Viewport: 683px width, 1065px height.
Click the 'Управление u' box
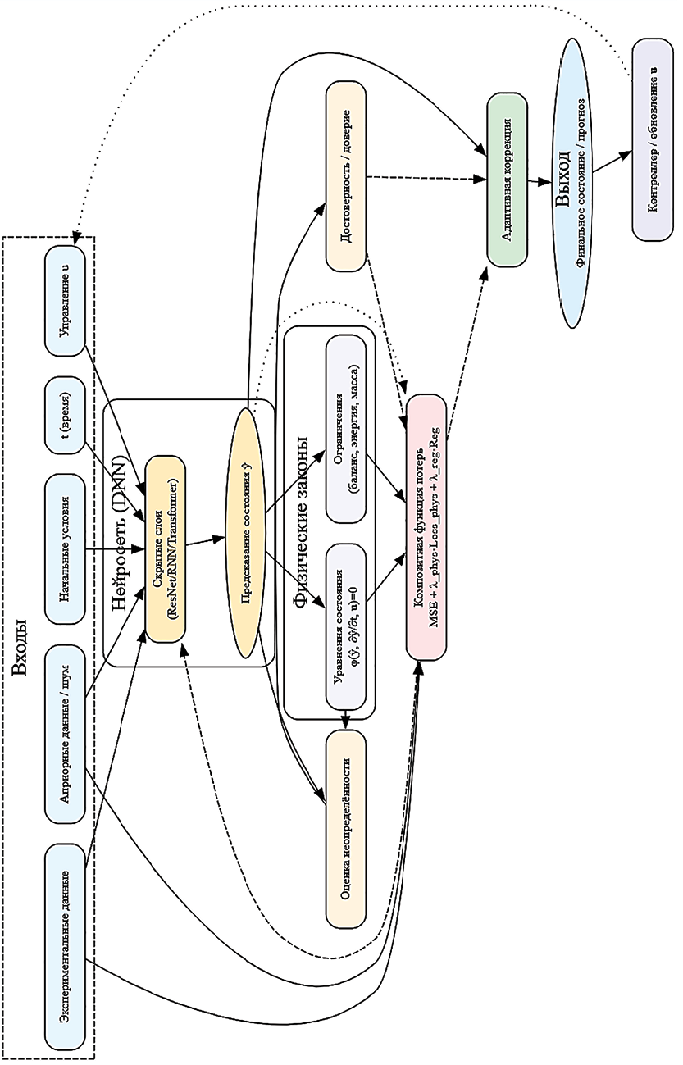[x=66, y=300]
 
